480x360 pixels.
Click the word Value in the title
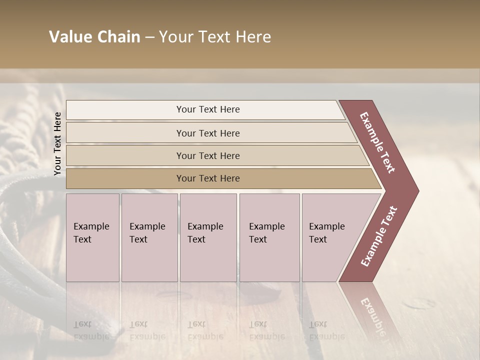coord(70,37)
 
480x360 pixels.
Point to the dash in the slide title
coord(149,37)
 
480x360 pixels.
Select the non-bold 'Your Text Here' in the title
coord(215,37)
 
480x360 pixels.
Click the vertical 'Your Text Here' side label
coord(57,143)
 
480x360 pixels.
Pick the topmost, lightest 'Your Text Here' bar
coord(208,109)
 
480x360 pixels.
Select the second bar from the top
coord(208,133)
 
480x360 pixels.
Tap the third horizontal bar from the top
coord(208,155)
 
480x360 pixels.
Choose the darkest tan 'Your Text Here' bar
coord(208,178)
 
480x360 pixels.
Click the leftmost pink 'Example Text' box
coord(92,237)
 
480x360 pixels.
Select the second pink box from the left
coord(149,237)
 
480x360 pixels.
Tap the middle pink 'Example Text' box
coord(208,237)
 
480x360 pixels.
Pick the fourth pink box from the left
coord(269,237)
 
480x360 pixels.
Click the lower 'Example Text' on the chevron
coord(378,236)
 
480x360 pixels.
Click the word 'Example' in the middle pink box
coord(205,226)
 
